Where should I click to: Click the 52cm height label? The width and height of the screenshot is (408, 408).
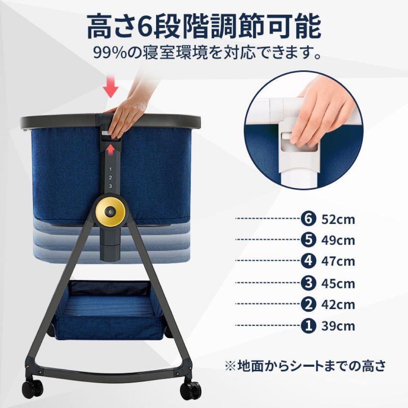click(x=338, y=219)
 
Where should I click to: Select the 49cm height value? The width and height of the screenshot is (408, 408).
click(x=338, y=240)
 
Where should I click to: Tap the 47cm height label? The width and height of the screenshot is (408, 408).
click(x=338, y=261)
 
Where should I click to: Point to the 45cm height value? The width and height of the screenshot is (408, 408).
click(x=338, y=283)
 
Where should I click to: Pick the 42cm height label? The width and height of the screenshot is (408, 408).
click(x=338, y=304)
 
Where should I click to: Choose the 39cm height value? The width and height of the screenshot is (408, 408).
click(x=338, y=326)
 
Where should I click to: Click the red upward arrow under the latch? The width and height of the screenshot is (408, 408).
click(x=110, y=151)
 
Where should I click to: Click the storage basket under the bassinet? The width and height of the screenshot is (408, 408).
click(x=110, y=310)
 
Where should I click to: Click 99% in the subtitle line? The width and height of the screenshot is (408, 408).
click(x=110, y=53)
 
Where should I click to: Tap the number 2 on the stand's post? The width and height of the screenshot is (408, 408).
click(x=110, y=178)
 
